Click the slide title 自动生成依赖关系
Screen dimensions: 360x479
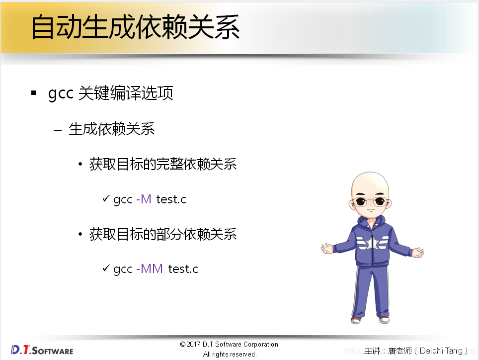point(135,27)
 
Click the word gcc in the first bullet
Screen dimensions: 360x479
point(61,93)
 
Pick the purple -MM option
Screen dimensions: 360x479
point(149,269)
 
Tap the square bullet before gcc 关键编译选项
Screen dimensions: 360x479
point(34,93)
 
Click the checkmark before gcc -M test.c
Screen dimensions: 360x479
point(106,198)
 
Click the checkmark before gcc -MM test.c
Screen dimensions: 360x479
point(106,268)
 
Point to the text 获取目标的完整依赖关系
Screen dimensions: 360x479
point(162,164)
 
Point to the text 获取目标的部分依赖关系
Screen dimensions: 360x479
point(162,234)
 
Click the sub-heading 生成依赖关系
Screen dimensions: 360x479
point(111,129)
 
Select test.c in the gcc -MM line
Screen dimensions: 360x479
point(183,269)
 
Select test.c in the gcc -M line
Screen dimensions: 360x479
point(171,199)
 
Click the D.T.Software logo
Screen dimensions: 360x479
point(42,350)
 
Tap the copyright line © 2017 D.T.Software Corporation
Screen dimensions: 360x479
point(230,344)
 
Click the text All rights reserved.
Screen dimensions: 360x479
point(230,354)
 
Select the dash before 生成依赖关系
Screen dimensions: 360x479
point(58,130)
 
